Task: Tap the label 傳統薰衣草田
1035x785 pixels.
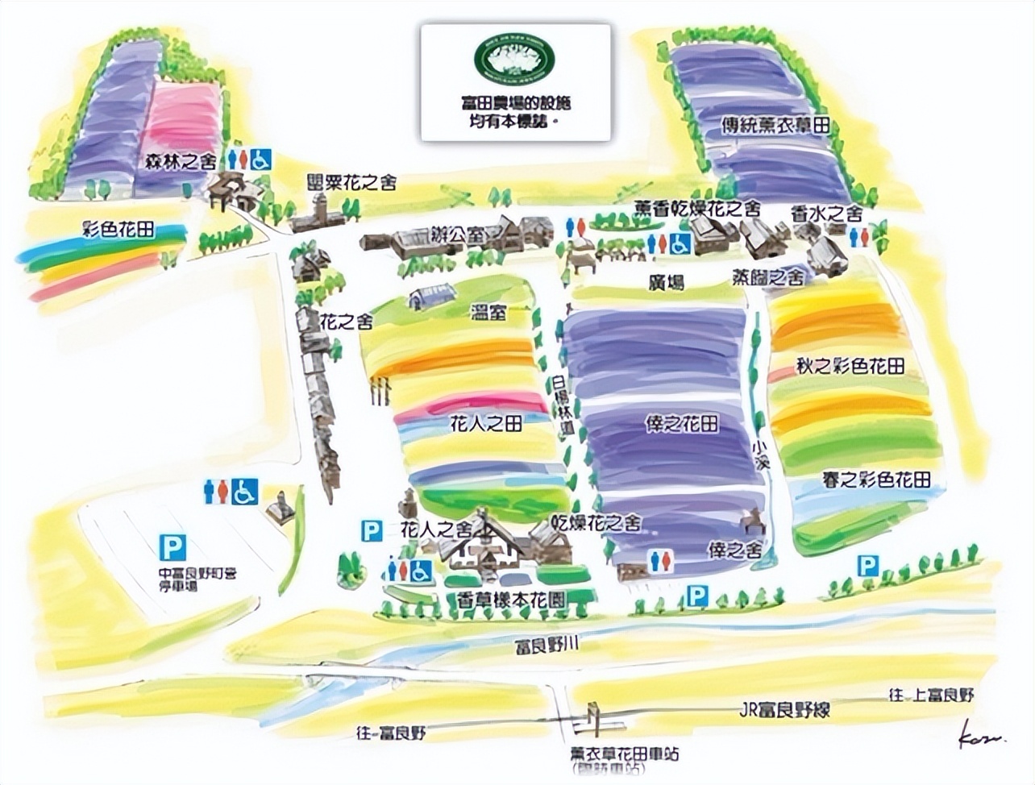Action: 775,126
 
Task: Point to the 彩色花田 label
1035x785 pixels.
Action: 119,229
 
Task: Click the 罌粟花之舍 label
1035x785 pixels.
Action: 352,183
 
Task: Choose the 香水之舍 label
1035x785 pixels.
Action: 826,214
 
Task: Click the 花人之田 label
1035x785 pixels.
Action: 484,423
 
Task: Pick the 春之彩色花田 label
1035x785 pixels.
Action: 876,480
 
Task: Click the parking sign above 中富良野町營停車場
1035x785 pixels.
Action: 172,548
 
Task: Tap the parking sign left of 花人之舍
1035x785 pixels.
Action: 371,530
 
